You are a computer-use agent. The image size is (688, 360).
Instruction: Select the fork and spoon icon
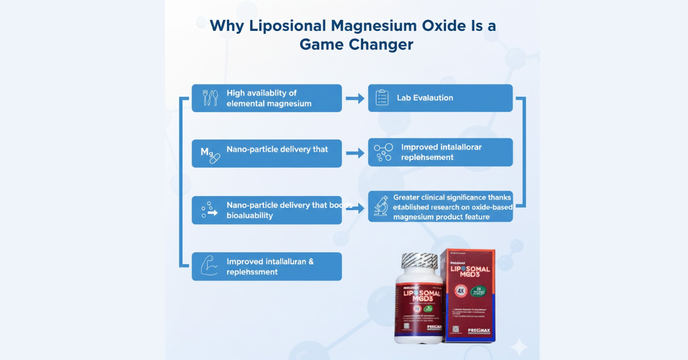(x=210, y=98)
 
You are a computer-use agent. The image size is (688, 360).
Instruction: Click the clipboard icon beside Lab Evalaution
(x=382, y=98)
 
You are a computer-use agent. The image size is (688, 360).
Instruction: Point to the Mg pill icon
(x=210, y=154)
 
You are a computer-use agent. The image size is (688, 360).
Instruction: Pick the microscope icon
(x=381, y=206)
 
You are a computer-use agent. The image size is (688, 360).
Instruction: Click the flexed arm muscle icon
(x=209, y=266)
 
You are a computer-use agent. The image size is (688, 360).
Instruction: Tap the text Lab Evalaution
(x=425, y=98)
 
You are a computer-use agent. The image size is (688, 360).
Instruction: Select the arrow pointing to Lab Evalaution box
(x=355, y=98)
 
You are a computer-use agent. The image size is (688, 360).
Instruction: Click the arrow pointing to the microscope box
(x=355, y=208)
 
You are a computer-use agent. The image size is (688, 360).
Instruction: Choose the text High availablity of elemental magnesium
(x=269, y=98)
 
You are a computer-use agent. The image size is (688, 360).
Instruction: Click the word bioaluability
(x=249, y=216)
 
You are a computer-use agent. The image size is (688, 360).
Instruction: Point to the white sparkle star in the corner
(x=519, y=346)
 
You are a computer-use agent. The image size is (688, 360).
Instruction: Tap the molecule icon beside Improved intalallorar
(x=383, y=152)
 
